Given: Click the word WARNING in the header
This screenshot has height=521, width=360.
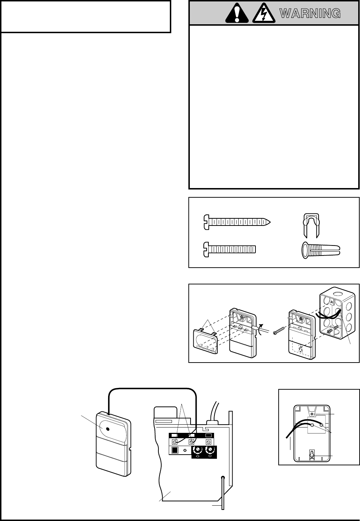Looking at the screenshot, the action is (309, 14).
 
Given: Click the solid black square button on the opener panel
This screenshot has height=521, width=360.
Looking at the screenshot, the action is (175, 450).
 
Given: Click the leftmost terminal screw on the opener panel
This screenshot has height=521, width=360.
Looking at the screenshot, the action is (175, 442).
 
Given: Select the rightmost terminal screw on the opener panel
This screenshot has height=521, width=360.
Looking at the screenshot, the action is (209, 442).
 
